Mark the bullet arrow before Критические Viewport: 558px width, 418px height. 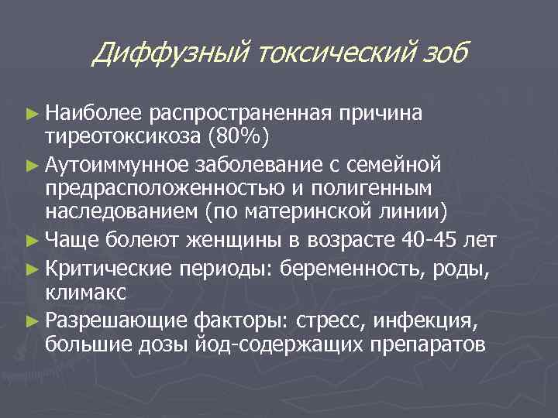[x=33, y=268]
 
